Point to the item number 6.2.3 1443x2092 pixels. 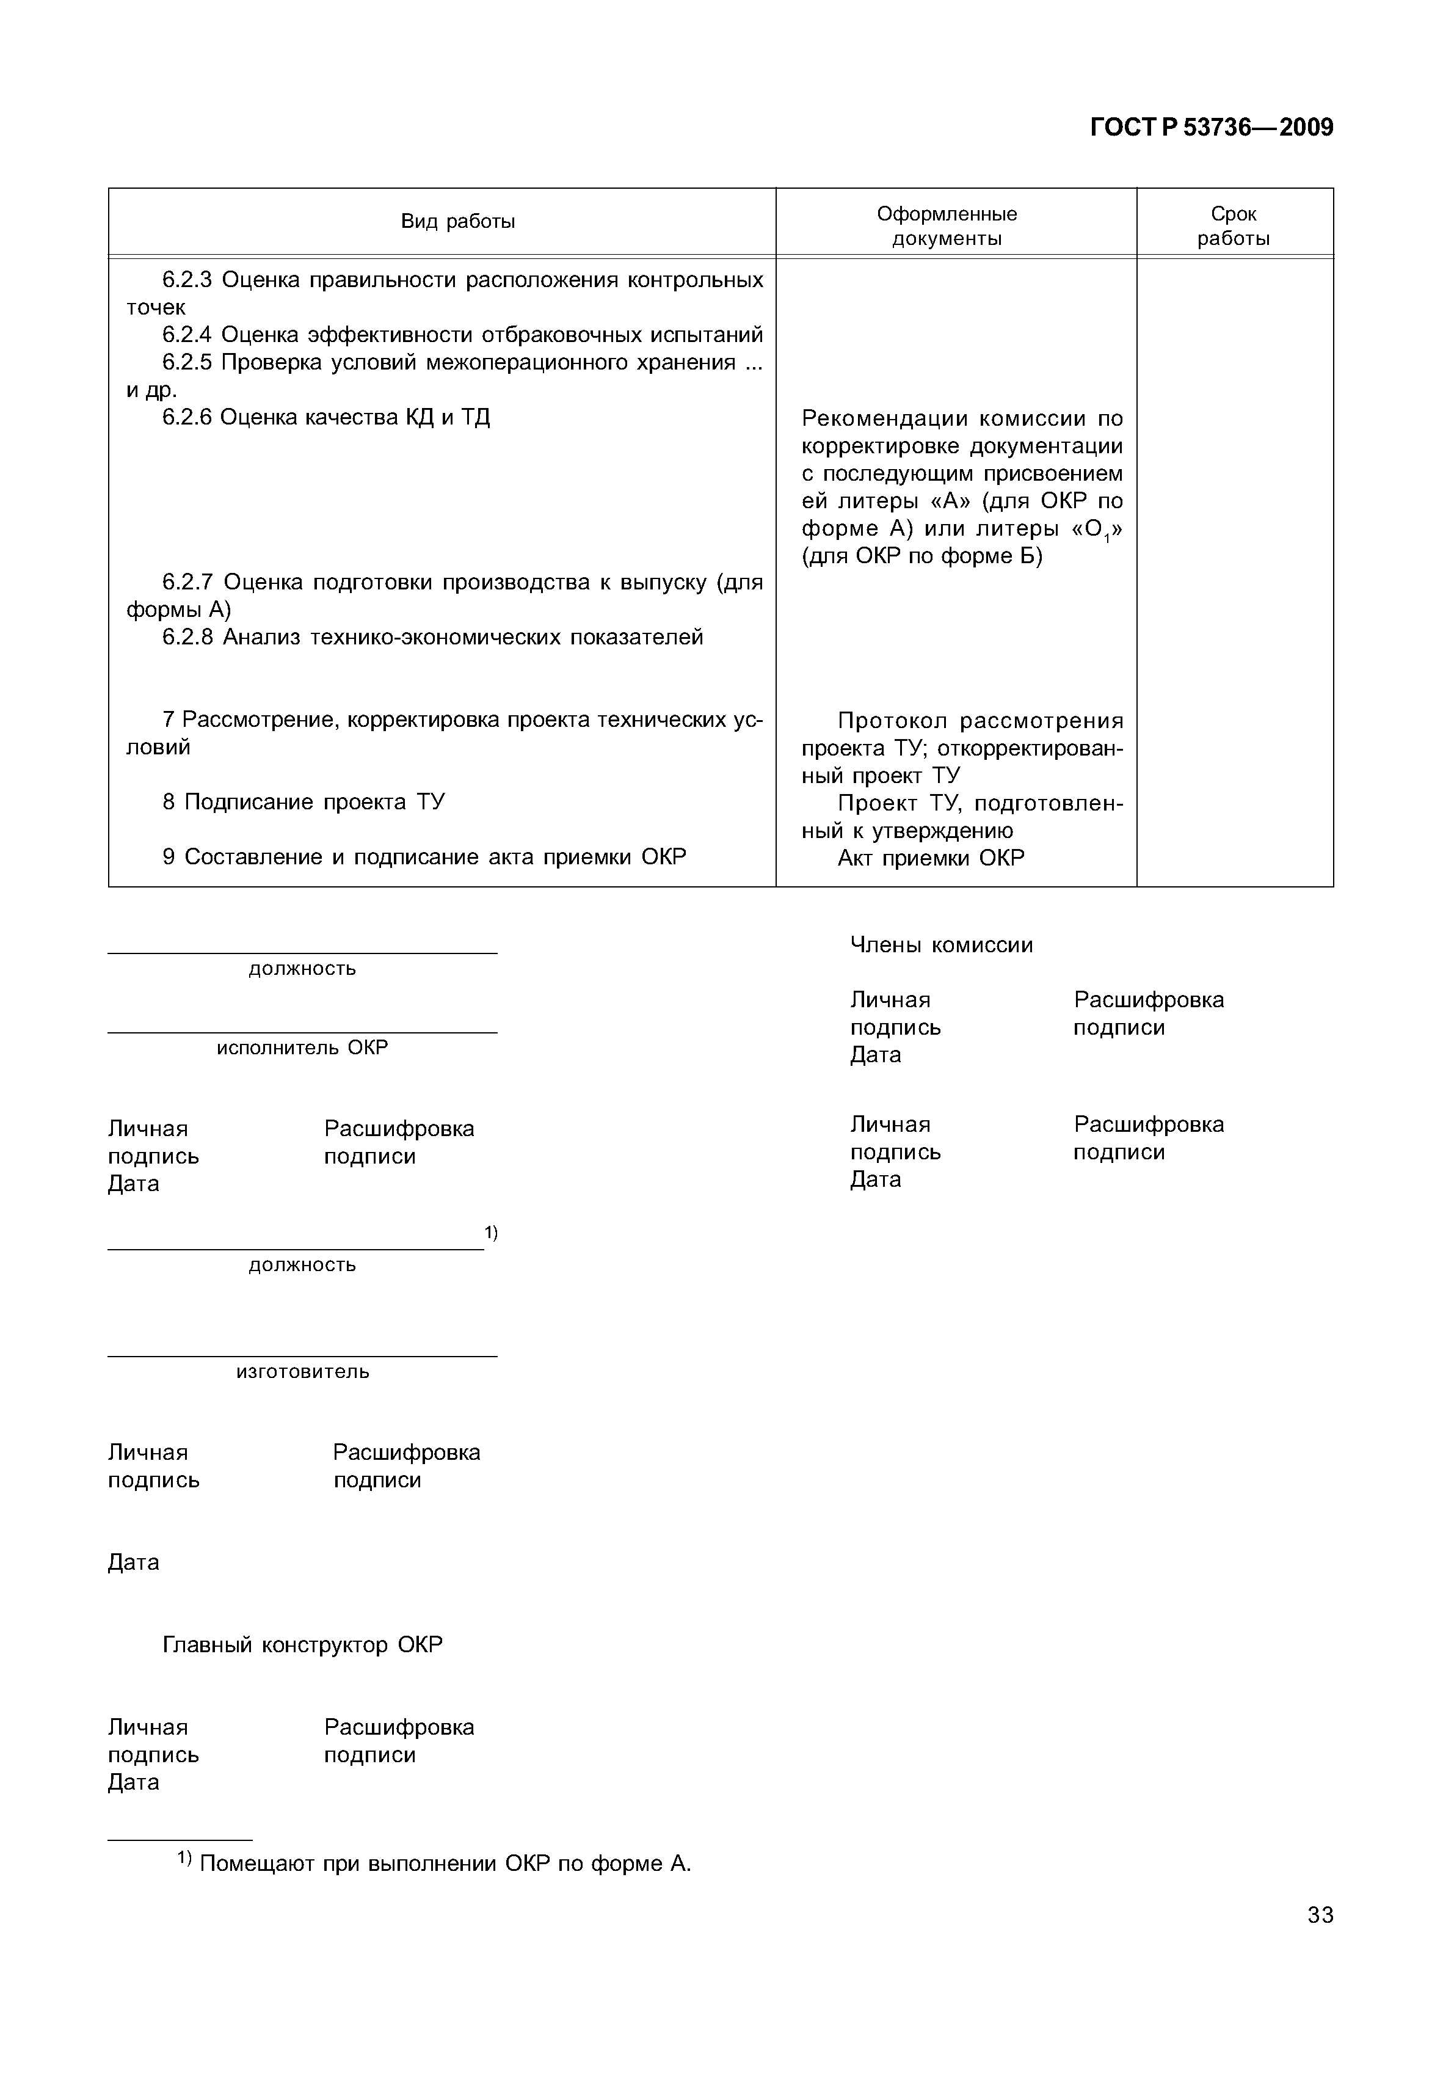pos(186,280)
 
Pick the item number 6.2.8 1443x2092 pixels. pos(186,637)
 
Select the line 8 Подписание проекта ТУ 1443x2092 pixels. pos(304,802)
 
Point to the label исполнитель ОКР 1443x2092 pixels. pos(302,1048)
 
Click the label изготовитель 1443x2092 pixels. pos(302,1371)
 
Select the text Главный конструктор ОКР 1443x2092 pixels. pos(302,1644)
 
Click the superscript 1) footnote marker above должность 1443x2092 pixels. pos(491,1232)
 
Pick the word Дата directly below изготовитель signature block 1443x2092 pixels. pos(133,1562)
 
